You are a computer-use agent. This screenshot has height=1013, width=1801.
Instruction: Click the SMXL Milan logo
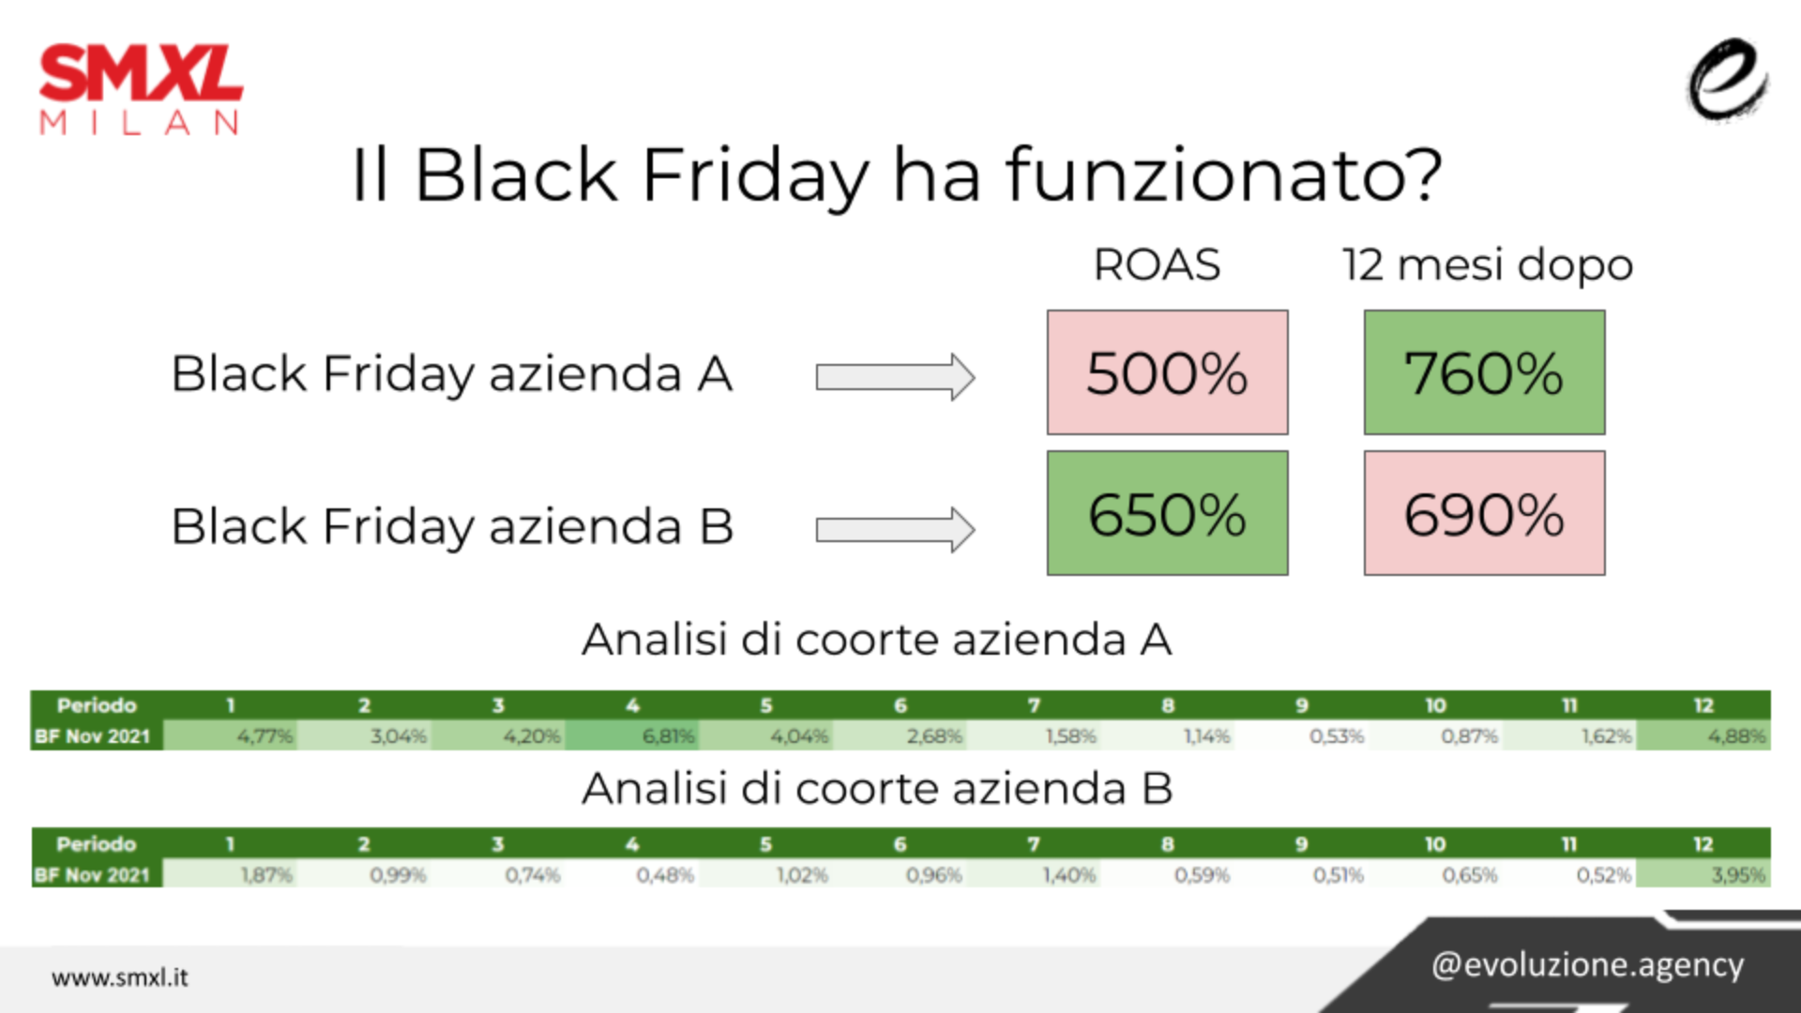tap(141, 90)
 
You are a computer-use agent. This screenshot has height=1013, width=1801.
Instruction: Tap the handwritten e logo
tap(1728, 81)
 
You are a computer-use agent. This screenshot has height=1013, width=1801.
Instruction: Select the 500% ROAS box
tap(1167, 372)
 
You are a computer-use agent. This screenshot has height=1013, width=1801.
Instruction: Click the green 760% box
tap(1484, 372)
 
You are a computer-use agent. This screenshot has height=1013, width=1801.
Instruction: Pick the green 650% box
tap(1167, 513)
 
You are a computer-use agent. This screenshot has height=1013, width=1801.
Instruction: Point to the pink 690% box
tap(1484, 513)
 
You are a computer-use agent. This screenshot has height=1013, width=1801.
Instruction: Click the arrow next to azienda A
tap(895, 377)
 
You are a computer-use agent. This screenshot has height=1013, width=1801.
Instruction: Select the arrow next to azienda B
tap(895, 530)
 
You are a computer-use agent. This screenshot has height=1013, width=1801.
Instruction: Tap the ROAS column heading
tap(1157, 265)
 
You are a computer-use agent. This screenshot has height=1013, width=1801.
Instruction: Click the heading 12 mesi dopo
tap(1488, 265)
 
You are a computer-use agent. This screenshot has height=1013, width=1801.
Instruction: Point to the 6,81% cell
tap(632, 736)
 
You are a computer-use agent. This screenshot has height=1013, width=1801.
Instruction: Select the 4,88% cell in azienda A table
tap(1703, 736)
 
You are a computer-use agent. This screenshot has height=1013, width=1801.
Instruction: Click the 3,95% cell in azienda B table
tap(1703, 875)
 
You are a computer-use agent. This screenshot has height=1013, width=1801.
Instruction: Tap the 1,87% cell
tap(231, 875)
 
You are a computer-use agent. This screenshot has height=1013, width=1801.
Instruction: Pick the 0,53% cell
tap(1302, 736)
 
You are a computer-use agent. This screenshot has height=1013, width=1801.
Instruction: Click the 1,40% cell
tap(1034, 875)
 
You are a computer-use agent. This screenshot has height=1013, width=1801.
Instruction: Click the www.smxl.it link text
tap(120, 977)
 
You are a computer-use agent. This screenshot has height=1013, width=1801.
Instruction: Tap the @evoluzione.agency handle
tap(1587, 965)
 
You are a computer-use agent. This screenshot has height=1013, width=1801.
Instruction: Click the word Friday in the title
tap(756, 178)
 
